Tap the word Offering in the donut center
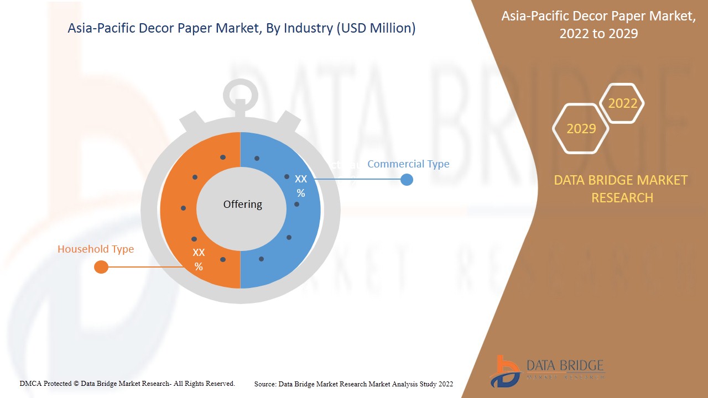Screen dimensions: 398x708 (242, 205)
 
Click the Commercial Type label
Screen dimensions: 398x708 (408, 164)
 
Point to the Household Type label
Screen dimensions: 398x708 (96, 249)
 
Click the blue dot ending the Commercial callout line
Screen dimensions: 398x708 (407, 180)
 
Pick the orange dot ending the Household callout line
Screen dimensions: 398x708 (101, 268)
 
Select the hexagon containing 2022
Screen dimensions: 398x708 (622, 103)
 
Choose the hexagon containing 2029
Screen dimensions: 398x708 (581, 129)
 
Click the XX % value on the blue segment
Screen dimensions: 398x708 (301, 186)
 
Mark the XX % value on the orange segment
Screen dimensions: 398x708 (199, 259)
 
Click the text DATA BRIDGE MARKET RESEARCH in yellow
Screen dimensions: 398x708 (621, 188)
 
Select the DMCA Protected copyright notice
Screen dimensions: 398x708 (127, 383)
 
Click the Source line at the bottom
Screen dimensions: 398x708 (353, 384)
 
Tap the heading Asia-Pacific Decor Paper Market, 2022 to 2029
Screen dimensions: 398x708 (598, 25)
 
